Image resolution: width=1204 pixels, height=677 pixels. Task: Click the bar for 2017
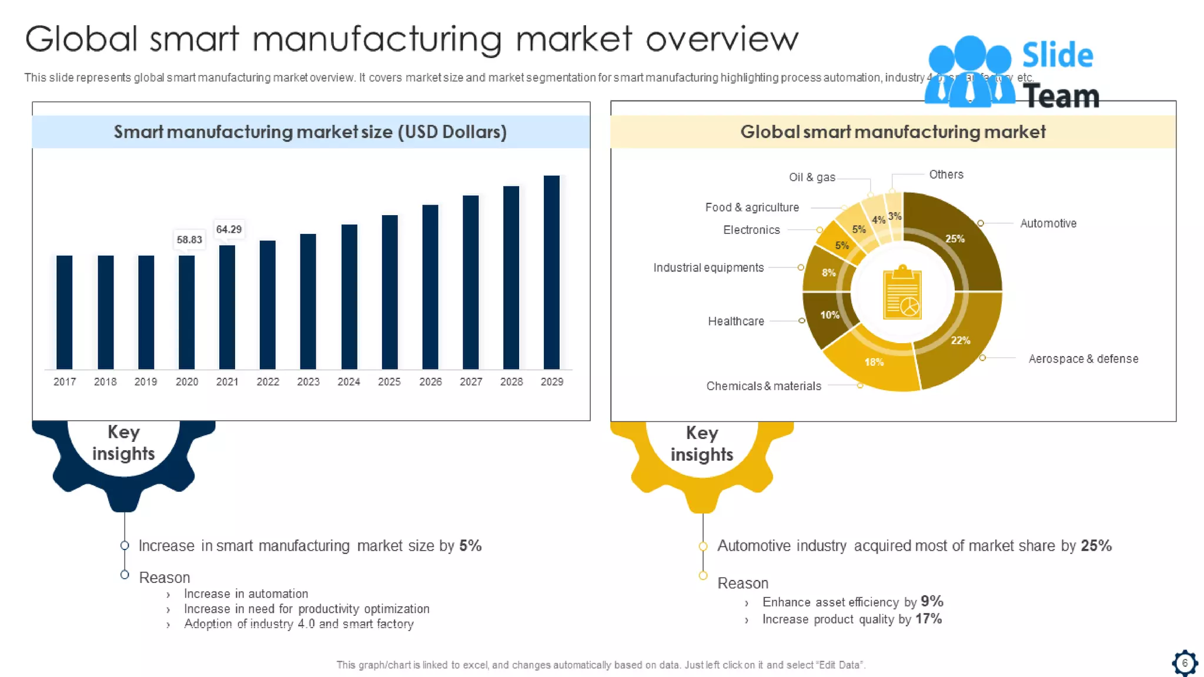point(64,312)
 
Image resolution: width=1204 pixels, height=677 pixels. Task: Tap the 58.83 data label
point(189,240)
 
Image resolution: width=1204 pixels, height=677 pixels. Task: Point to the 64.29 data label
point(229,229)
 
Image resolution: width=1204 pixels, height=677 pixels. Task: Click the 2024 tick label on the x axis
point(349,382)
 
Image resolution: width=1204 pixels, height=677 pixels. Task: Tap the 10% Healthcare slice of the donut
point(825,318)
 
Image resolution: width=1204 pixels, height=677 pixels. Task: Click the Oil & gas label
point(812,177)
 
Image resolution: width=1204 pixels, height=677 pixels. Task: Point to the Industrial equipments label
point(708,268)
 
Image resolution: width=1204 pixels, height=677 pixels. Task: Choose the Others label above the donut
point(946,175)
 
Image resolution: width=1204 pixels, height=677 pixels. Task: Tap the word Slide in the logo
point(1058,55)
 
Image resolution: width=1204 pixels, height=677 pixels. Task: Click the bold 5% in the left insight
point(470,546)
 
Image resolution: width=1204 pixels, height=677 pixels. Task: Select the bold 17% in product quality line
point(928,619)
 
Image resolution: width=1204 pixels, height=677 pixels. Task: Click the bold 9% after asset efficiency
point(932,601)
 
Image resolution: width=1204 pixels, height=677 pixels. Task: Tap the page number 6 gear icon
point(1185,663)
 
